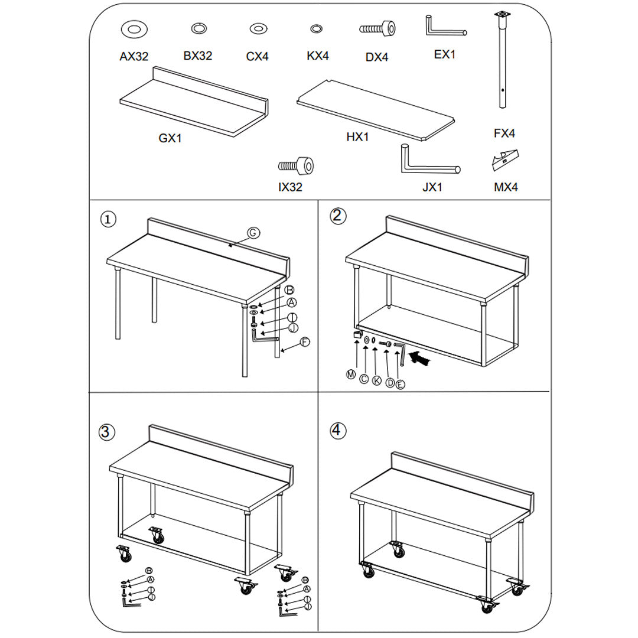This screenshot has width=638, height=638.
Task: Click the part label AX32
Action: pos(134,57)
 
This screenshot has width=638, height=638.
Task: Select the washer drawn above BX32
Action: pos(198,28)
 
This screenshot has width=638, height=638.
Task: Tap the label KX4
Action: pos(318,56)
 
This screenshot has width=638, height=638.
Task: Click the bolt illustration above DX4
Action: pos(377,28)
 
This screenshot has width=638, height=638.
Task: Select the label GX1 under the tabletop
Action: pos(170,138)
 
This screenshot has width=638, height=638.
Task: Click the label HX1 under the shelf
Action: pos(357,137)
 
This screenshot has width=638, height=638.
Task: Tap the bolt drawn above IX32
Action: pos(296,165)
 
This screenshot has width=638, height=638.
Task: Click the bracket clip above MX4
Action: pos(505,160)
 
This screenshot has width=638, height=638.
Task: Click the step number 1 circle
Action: pos(108,219)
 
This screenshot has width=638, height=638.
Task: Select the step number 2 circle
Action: pos(337,216)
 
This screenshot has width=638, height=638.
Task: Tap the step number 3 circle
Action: pos(105,432)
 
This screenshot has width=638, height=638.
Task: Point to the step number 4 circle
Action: pos(337,430)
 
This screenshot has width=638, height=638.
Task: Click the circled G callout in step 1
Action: pos(252,233)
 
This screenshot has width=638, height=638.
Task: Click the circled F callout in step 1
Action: pos(305,342)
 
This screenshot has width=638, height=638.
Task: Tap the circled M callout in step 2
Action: pos(351,375)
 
